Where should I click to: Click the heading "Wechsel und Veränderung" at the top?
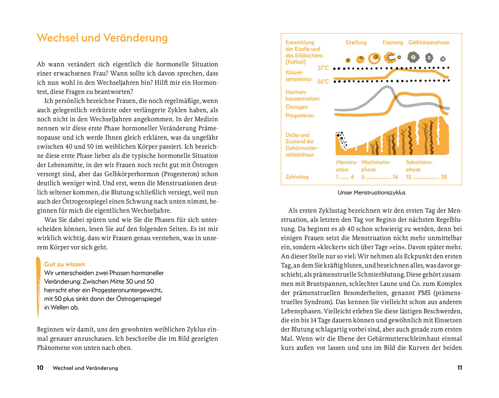(102, 38)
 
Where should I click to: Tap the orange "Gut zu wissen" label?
(65, 264)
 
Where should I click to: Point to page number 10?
(40, 368)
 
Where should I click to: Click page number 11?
(459, 368)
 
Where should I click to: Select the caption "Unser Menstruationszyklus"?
(371, 193)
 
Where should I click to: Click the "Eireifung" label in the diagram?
(356, 43)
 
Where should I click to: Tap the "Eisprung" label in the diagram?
(393, 43)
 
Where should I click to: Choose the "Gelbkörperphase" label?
(428, 43)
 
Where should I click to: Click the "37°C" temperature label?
(323, 68)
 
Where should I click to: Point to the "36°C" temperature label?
(323, 82)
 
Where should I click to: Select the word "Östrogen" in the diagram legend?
(296, 107)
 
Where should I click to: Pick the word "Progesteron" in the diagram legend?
(300, 116)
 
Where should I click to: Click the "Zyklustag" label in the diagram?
(297, 177)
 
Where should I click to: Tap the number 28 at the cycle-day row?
(444, 177)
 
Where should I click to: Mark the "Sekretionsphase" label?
(419, 166)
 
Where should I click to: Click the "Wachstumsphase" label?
(376, 166)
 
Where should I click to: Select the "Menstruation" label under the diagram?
(346, 166)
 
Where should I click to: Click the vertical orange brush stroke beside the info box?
(38, 286)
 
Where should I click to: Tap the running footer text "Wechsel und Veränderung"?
(85, 368)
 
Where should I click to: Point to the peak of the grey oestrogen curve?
(387, 87)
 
